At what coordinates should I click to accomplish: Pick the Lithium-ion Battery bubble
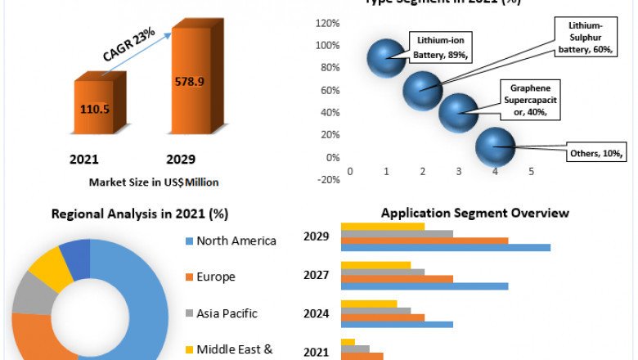point(386,56)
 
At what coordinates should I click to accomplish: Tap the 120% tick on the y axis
point(327,23)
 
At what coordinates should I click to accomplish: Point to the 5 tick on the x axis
point(531,171)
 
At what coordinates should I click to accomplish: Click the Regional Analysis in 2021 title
point(140,214)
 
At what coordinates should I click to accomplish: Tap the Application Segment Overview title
point(474,213)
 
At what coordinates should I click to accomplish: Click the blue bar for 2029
point(446,247)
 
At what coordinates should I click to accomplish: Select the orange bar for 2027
point(397,279)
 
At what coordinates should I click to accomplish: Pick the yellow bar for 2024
point(368,304)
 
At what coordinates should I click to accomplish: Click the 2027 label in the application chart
point(316,276)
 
